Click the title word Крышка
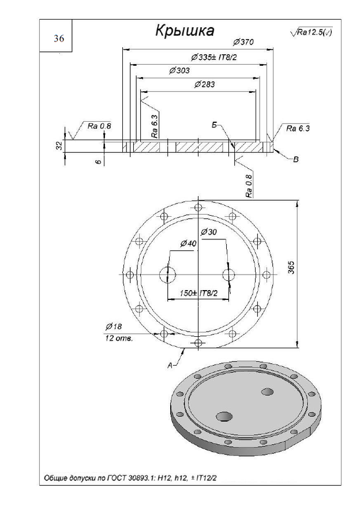(185, 31)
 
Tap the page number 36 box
(59, 39)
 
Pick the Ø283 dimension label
(205, 84)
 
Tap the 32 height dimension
(59, 146)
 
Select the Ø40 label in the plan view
(188, 243)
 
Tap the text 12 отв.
(119, 339)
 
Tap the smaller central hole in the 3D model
(267, 392)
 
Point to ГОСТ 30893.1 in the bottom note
(126, 478)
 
